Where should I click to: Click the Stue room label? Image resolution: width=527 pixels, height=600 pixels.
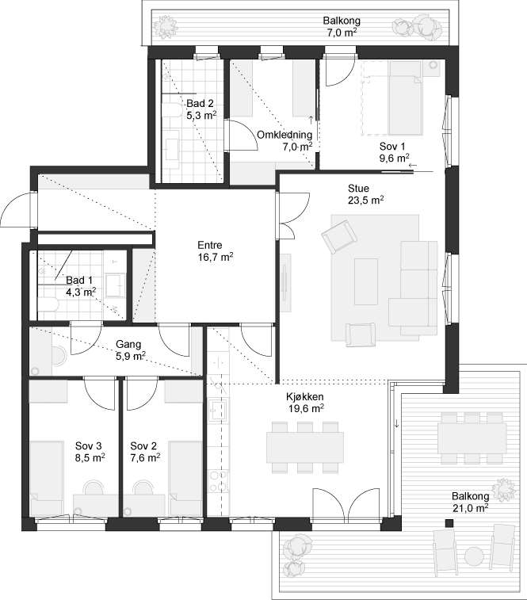click(x=358, y=189)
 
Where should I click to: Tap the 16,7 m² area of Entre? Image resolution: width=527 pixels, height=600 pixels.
click(x=216, y=257)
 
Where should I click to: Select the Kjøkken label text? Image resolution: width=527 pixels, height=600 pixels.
click(x=306, y=397)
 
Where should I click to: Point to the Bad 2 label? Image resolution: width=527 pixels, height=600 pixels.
click(x=200, y=103)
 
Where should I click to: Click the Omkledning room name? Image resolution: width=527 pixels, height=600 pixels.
click(x=285, y=135)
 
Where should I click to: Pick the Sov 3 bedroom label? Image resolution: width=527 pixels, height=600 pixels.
click(x=89, y=445)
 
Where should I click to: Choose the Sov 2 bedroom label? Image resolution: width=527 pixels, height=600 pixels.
click(x=143, y=445)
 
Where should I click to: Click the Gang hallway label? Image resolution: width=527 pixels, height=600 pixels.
click(x=128, y=345)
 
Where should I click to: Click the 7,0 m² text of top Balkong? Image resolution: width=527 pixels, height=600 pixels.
click(x=342, y=32)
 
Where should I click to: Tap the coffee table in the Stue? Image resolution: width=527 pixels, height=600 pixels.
click(x=366, y=281)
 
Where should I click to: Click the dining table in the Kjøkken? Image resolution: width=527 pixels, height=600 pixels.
click(x=304, y=447)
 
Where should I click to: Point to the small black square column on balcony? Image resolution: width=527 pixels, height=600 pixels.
click(x=449, y=523)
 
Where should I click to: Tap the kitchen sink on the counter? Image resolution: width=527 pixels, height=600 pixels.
click(x=218, y=411)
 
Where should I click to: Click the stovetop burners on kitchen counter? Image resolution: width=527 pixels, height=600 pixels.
click(x=219, y=481)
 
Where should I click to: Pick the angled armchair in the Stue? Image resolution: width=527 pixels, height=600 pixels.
click(x=339, y=236)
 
